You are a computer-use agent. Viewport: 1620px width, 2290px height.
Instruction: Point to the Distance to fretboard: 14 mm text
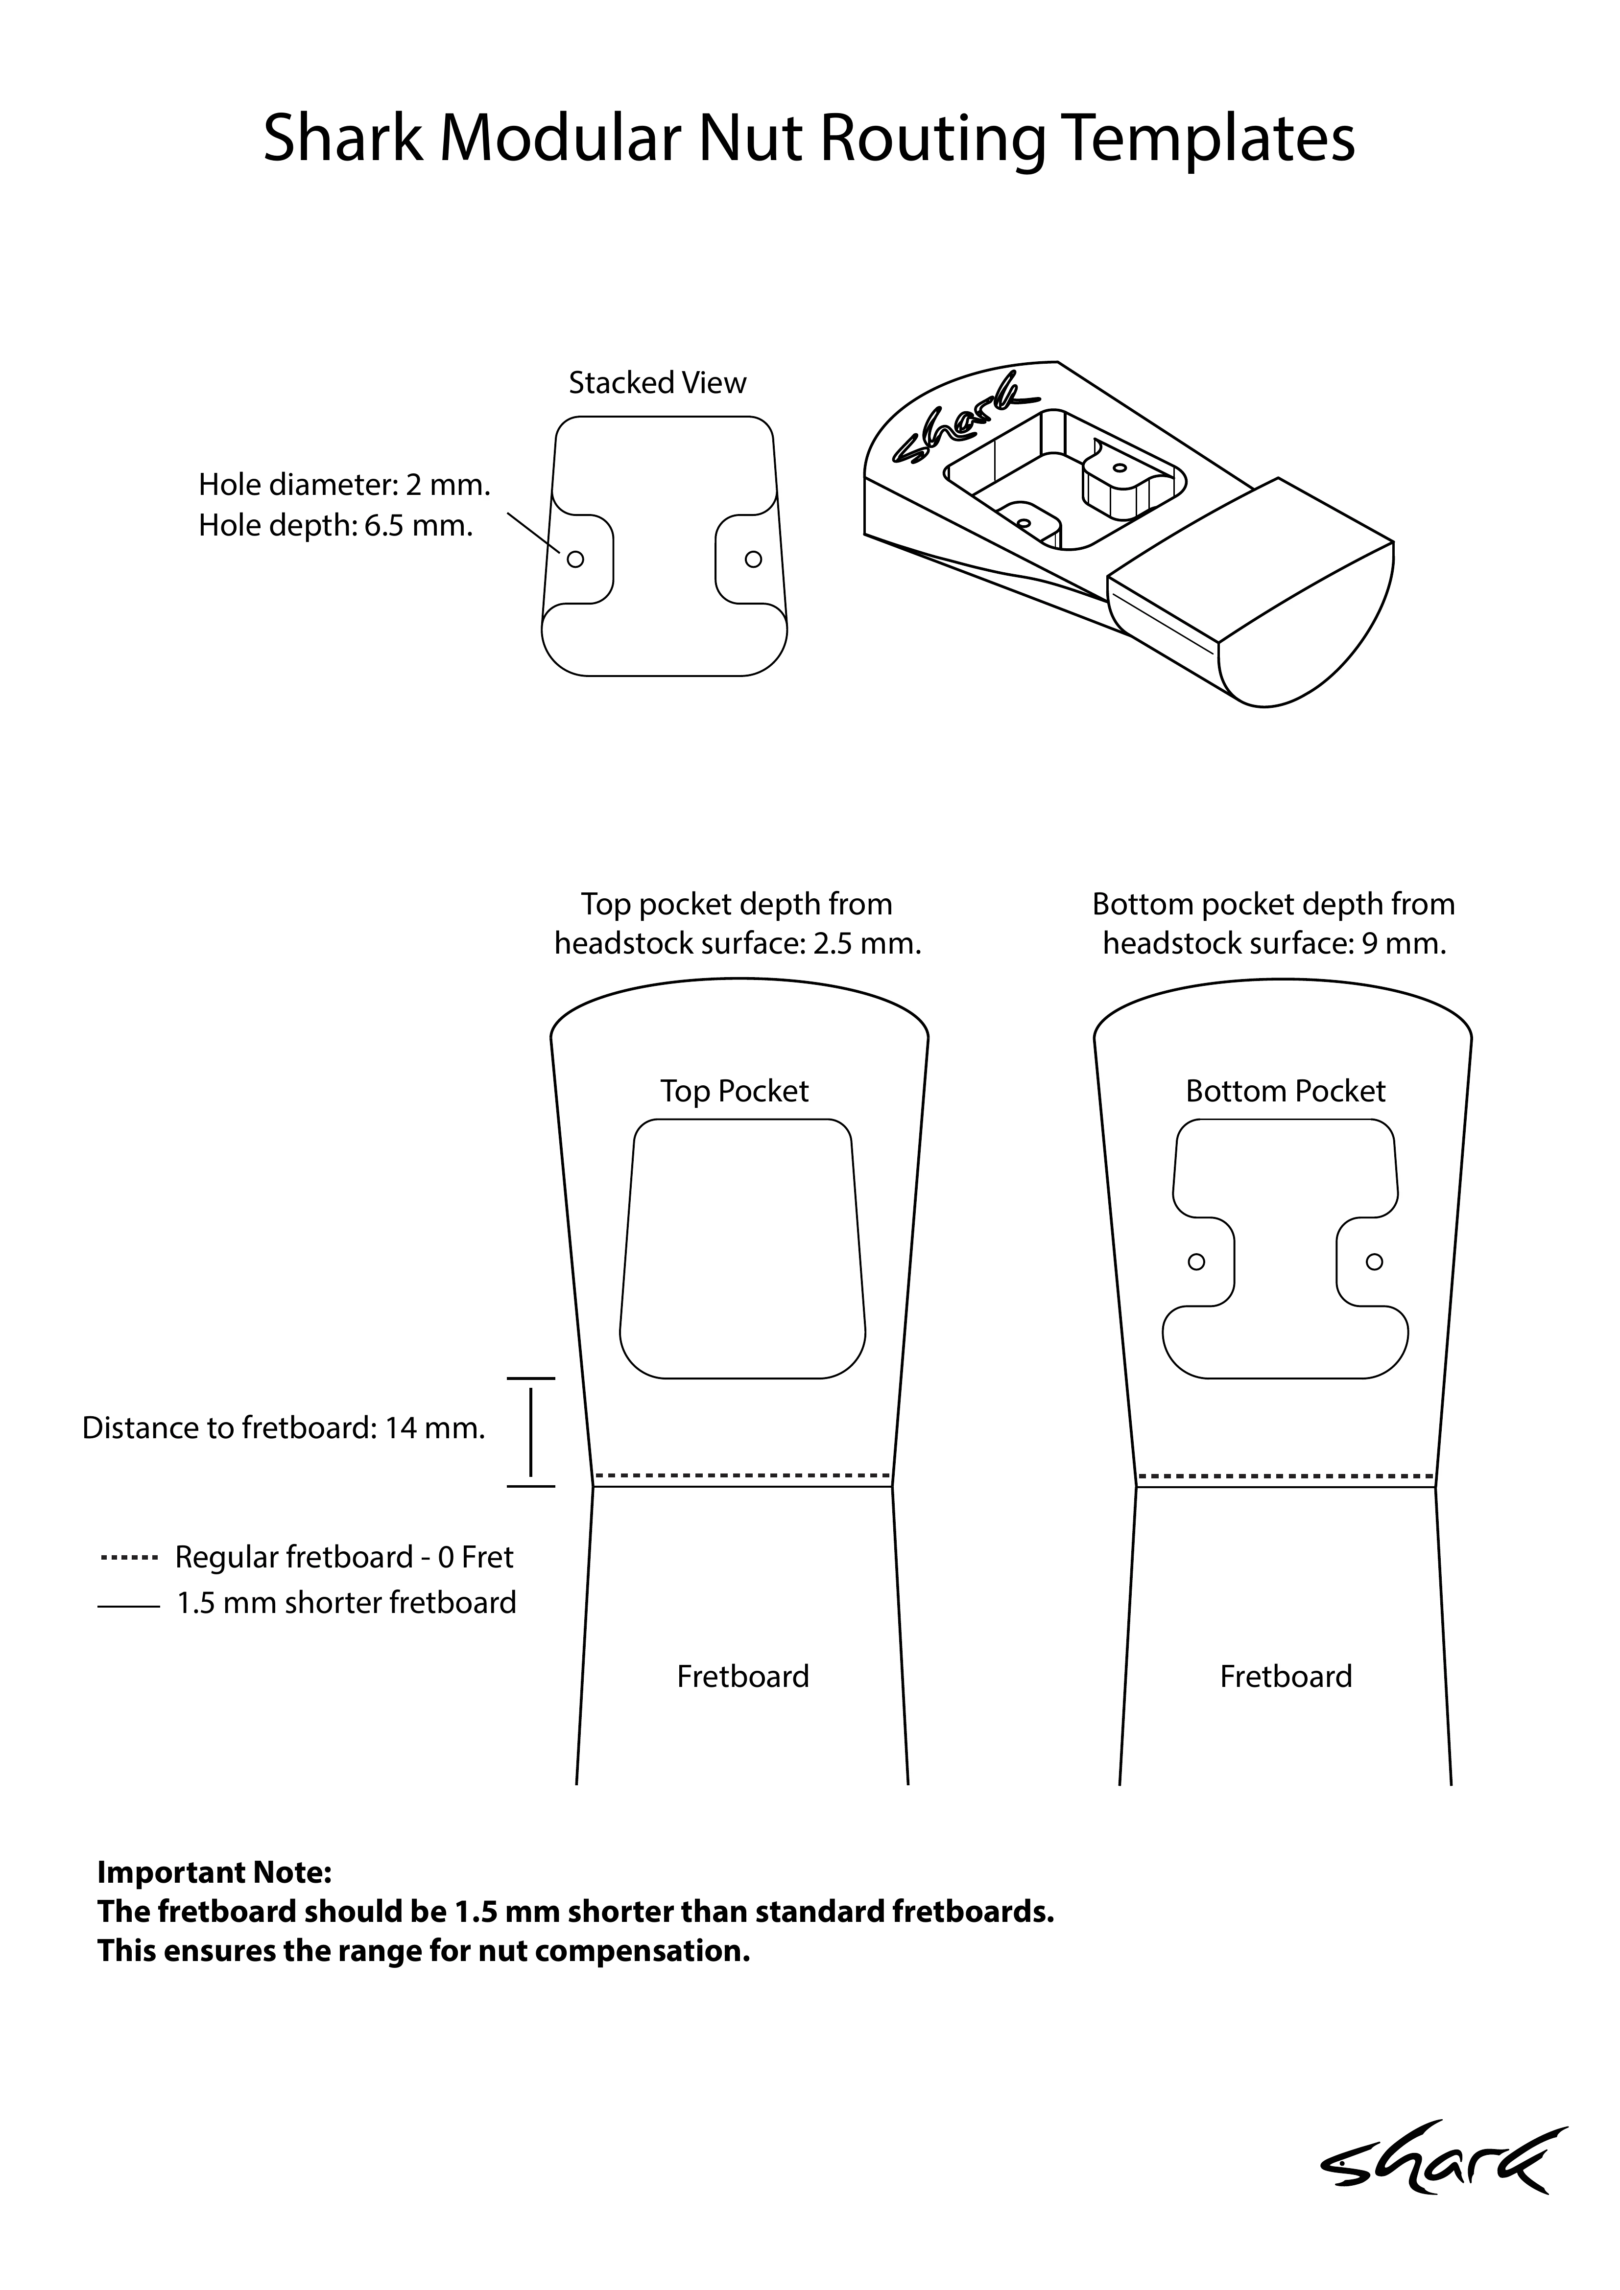point(283,1428)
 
